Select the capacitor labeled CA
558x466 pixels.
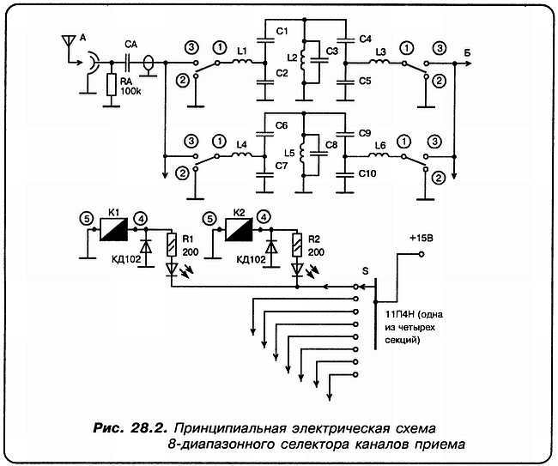[x=129, y=63]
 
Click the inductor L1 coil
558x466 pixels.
[x=243, y=63]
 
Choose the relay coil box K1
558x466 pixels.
[x=113, y=229]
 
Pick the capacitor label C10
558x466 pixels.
[x=366, y=173]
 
